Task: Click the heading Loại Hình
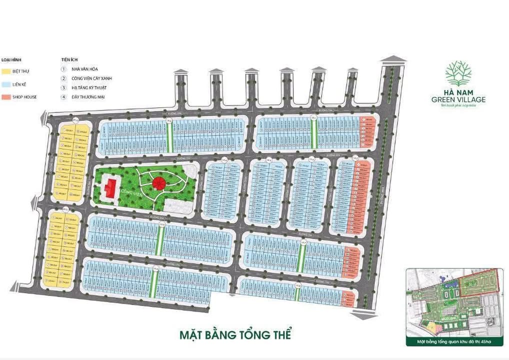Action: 10,59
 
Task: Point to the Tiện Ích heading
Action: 67,59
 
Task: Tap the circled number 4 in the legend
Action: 63,96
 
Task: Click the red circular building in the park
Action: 158,183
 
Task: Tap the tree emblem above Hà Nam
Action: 458,73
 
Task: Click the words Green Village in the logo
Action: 458,100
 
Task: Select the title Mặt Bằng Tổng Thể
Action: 235,334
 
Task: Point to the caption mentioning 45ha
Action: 454,342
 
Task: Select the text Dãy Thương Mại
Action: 87,96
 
